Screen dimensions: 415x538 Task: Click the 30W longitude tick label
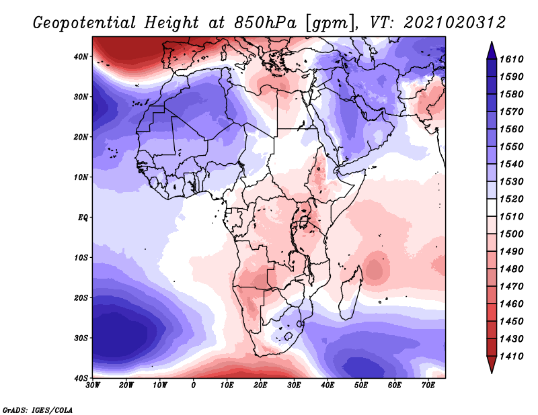[x=93, y=385]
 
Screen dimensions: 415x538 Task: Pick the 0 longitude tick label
[x=194, y=385]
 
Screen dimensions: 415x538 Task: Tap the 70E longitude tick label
[x=428, y=385]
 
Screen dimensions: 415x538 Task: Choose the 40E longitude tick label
[x=328, y=385]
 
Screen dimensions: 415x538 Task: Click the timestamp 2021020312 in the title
[x=455, y=23]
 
